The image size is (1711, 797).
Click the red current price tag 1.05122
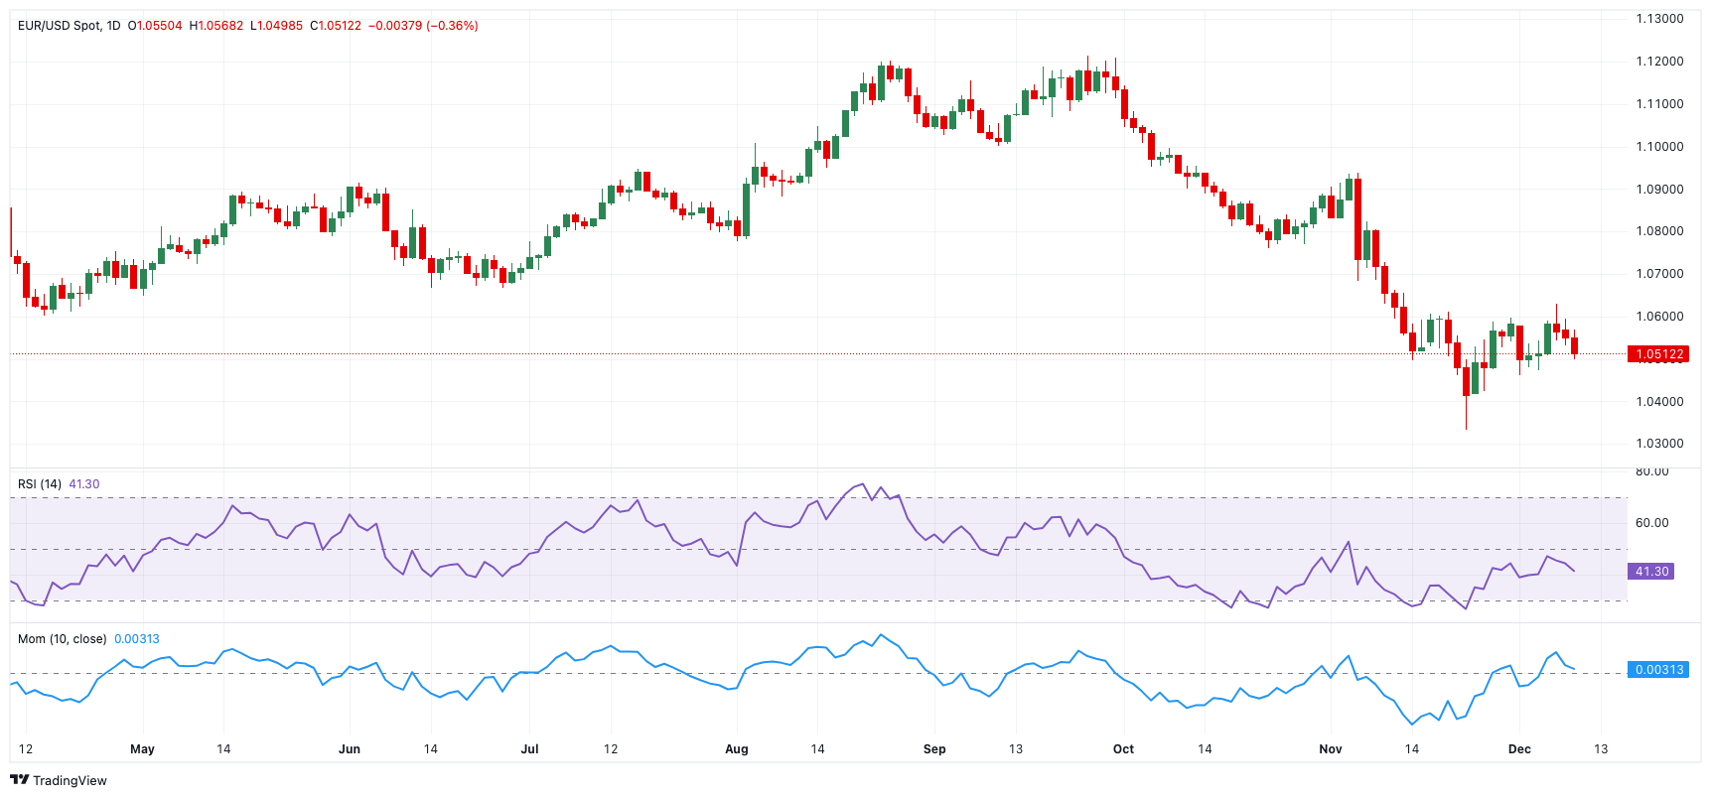1658,354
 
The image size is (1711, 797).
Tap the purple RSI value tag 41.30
1651,572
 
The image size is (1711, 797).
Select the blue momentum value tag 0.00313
1658,670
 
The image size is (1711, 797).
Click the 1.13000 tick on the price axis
1659,19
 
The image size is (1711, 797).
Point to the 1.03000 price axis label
1659,444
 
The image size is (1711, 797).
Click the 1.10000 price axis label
1659,147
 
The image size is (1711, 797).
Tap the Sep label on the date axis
934,749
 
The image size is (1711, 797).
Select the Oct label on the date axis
1123,749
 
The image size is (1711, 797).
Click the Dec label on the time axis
1519,749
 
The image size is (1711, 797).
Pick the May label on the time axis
142,749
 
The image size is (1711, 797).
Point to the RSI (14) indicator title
40,484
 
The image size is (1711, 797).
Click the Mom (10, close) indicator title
62,639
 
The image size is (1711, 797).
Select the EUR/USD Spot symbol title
60,26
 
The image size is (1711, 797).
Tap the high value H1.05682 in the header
215,26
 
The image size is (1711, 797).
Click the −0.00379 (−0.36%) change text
423,26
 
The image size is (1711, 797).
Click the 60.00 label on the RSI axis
1651,523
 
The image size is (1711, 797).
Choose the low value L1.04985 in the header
276,26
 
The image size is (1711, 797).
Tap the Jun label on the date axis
350,749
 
